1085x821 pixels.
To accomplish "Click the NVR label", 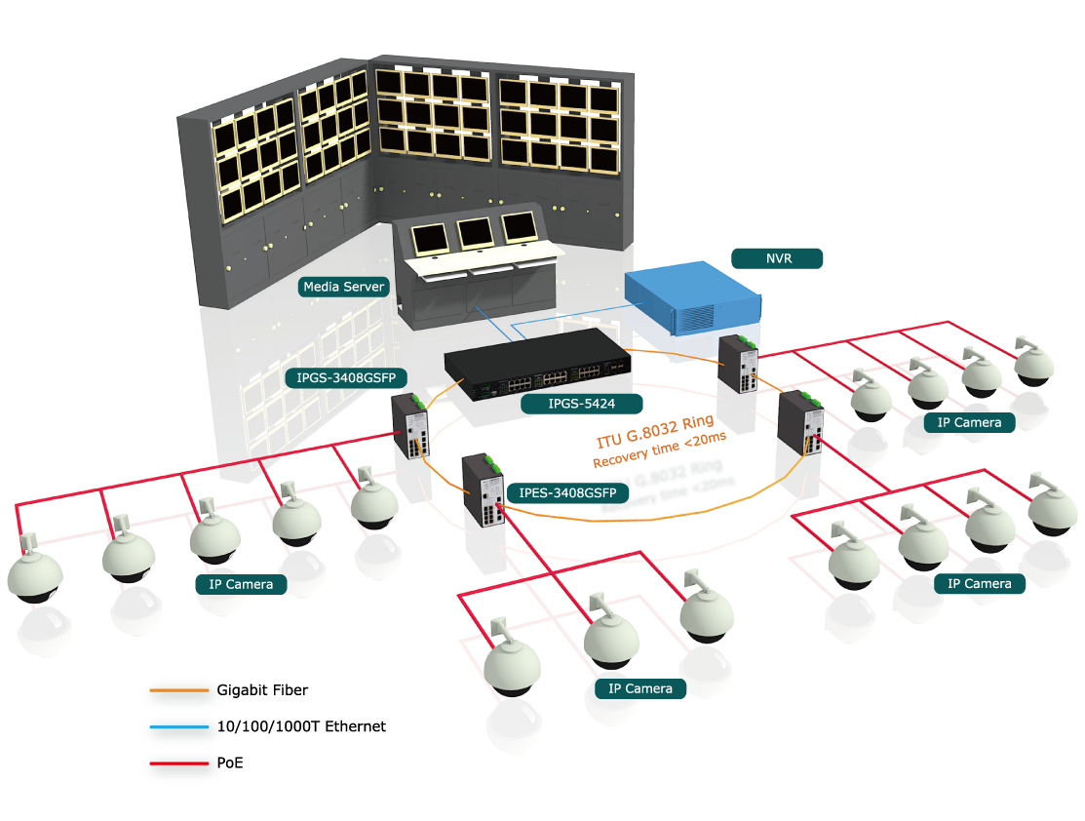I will tap(777, 258).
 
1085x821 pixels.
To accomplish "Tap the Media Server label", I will tap(344, 287).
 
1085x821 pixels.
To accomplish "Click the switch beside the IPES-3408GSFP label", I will tap(484, 491).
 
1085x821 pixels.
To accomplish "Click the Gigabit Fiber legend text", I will tap(262, 690).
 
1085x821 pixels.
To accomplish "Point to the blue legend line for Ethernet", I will tap(179, 727).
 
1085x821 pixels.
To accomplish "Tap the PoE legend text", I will tap(230, 762).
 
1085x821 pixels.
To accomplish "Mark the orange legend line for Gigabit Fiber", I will tap(179, 691).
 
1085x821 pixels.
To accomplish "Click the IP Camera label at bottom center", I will tap(639, 688).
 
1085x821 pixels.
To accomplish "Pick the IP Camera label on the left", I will tap(241, 584).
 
